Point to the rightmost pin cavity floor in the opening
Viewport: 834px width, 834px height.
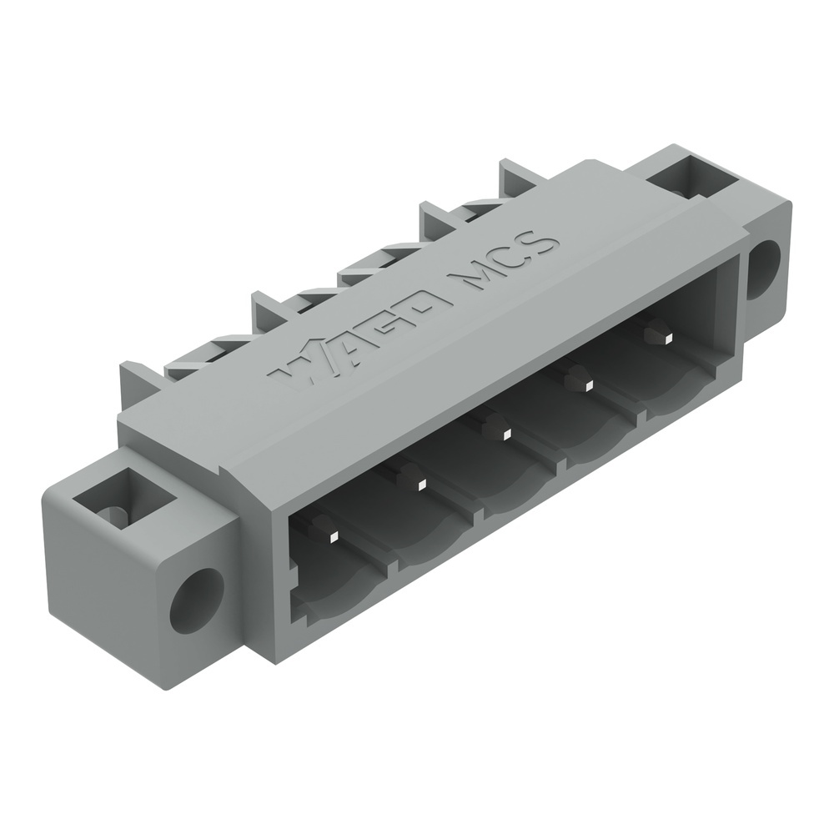pyautogui.click(x=676, y=392)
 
